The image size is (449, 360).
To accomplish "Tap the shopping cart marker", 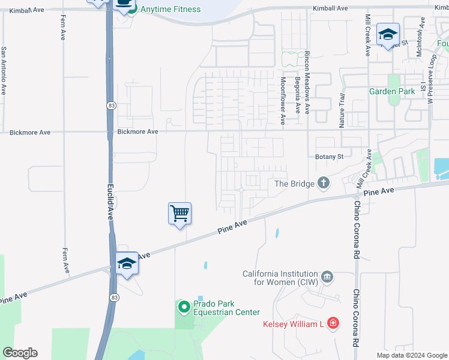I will [179, 214].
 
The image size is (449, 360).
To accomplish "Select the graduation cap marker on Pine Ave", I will [127, 264].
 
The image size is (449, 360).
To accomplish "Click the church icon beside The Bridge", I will [324, 182].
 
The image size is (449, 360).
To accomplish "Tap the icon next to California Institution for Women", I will [327, 276].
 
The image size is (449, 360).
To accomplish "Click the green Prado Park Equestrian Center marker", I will [184, 307].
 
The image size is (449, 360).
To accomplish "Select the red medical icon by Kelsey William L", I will [333, 324].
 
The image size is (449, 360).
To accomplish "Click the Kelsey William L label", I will [294, 324].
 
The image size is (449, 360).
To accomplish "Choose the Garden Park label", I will [392, 91].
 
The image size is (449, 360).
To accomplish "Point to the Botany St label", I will [330, 157].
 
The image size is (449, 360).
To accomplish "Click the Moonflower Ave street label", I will [283, 101].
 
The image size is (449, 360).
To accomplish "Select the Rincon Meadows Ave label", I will [307, 83].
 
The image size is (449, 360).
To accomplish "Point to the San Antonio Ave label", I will [4, 71].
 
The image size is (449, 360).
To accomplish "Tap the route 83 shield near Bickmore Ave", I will [111, 106].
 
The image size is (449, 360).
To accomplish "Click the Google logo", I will [20, 353].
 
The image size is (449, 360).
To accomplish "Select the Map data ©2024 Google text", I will [411, 355].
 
